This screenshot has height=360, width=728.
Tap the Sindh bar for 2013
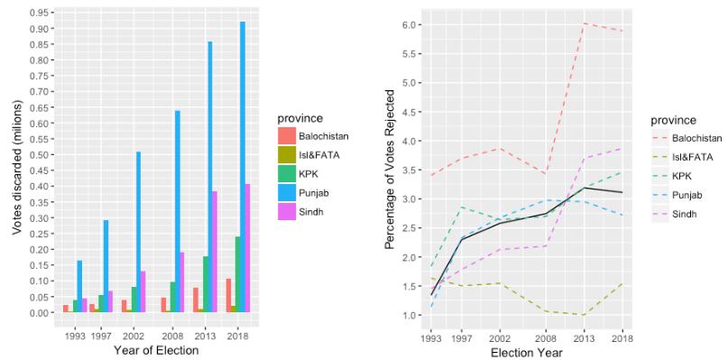tap(215, 252)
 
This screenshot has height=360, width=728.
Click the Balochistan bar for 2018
tap(228, 295)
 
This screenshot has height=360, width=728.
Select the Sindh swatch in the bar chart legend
tap(286, 211)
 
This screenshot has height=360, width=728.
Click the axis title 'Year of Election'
tap(156, 350)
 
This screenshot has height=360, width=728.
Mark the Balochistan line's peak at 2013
tap(585, 23)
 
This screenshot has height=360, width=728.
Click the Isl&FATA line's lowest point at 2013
tap(585, 315)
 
